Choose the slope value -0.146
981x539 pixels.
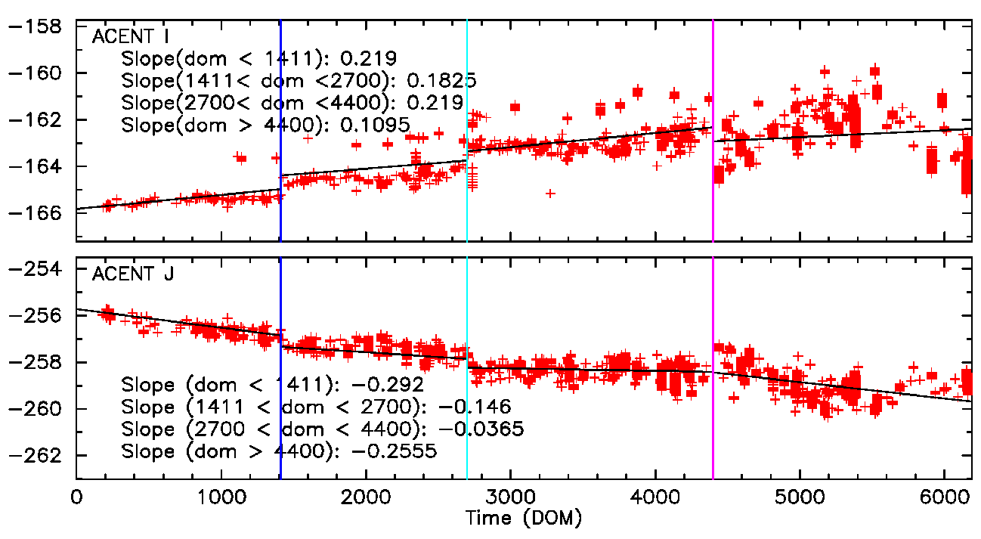475,407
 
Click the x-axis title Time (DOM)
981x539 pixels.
524,519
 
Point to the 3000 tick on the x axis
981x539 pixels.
510,499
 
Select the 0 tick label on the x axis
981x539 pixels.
76,499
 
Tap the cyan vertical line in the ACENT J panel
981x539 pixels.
467,318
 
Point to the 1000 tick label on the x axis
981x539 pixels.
221,499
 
